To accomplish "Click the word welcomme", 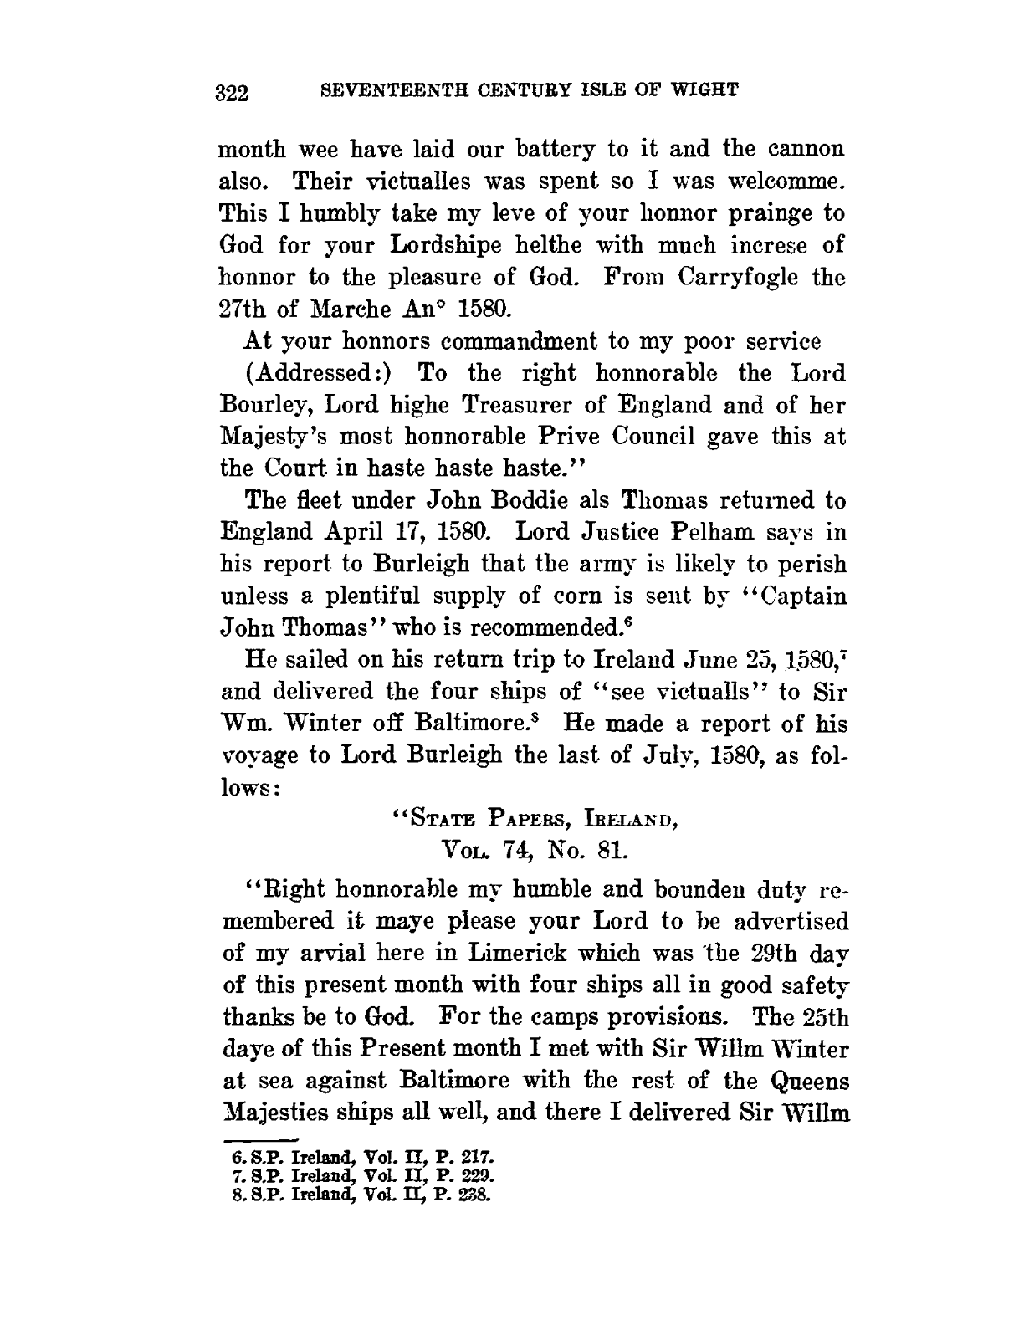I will click(x=777, y=181).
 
